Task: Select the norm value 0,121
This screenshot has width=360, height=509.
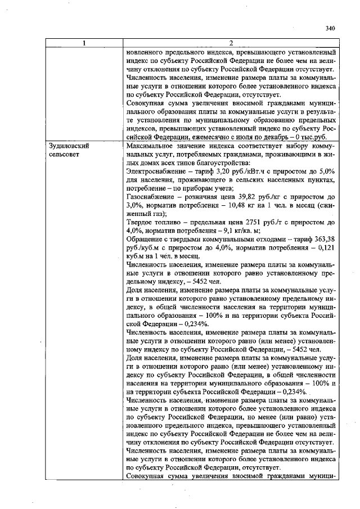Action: [327, 246]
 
